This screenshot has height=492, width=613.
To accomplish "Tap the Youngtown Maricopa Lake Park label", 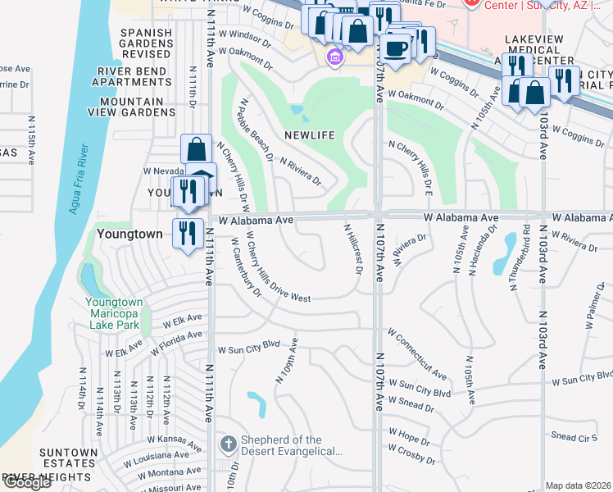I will pos(114,313).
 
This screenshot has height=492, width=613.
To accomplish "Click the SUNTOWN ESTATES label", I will pos(69,458).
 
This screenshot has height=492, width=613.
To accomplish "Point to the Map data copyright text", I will pos(579,485).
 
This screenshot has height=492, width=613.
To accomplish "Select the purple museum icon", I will pos(334,57).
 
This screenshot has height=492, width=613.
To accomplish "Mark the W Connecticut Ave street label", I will pos(417,355).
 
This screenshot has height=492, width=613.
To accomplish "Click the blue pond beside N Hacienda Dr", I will pos(503,254).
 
